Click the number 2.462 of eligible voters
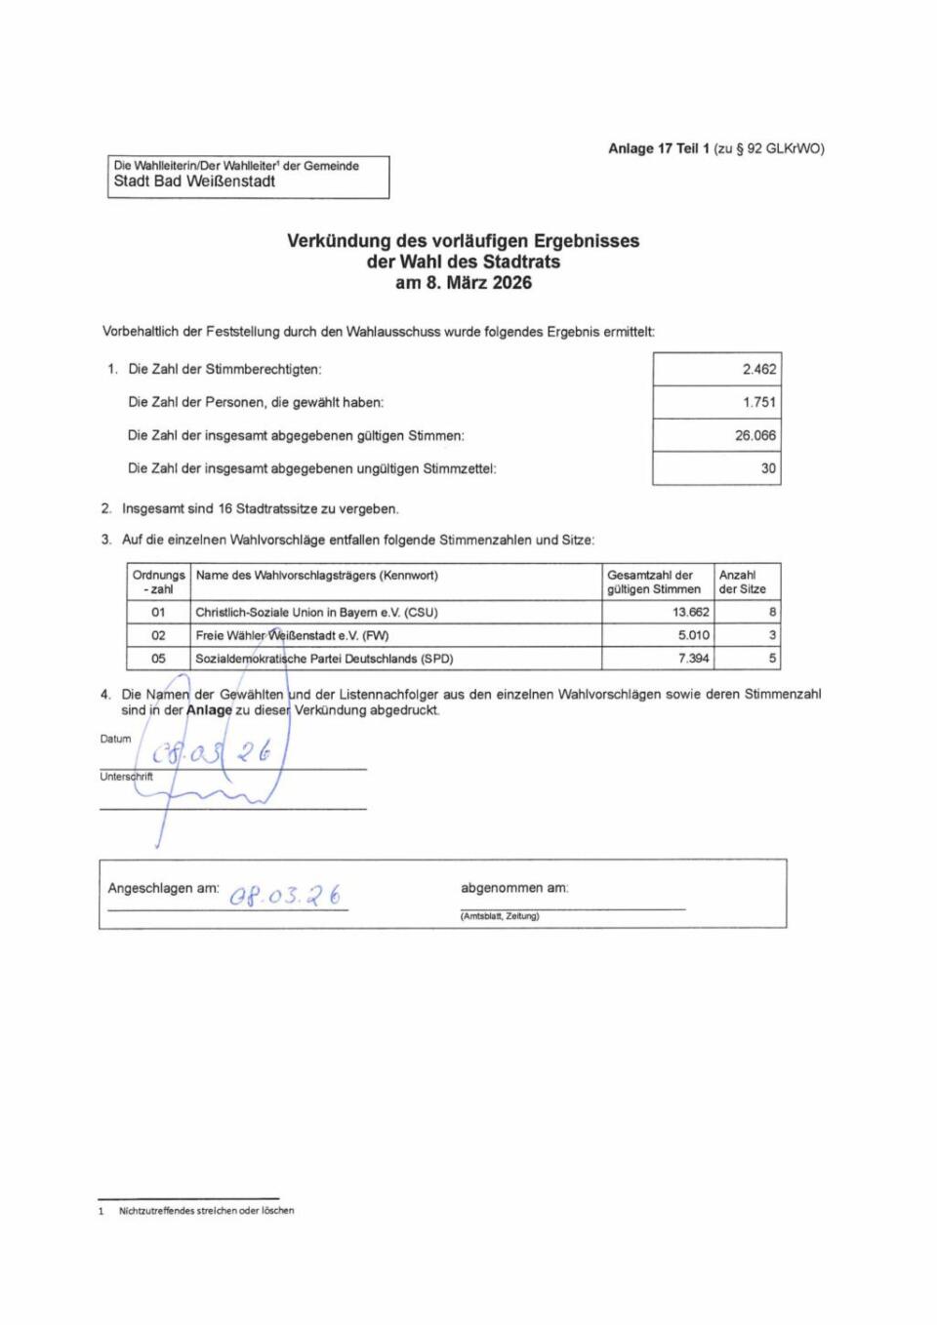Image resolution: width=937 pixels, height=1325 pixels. pos(758,370)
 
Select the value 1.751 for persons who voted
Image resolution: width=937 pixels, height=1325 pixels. pos(758,402)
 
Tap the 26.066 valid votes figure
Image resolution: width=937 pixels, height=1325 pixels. pos(755,435)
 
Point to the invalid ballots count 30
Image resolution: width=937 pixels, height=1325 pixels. pos(768,468)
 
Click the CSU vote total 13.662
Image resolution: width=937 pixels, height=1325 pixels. pos(691,613)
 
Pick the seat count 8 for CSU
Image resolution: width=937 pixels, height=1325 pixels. pos(772,613)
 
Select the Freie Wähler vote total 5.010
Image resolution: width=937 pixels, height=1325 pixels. pos(694,635)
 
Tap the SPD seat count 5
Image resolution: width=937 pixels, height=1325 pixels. pos(772,659)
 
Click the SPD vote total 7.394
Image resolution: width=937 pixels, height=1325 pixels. pos(694,659)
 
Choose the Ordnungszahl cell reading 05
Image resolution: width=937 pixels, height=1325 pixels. pos(158,659)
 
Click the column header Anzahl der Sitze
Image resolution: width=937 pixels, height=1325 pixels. pos(742,582)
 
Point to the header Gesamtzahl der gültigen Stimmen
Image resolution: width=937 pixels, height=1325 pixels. pos(654,582)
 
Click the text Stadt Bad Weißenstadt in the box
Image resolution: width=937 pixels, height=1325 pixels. pos(194,181)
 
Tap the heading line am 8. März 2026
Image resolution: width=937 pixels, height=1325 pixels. pos(463,283)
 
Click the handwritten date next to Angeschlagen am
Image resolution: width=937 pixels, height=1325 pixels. pos(285,895)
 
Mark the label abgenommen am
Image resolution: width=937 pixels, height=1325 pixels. pos(514,888)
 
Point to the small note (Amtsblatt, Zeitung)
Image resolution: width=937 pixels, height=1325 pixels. pos(500,916)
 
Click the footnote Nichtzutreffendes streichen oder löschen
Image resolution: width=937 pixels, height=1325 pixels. pos(206,1211)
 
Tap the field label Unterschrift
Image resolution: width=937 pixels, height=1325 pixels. pos(126,777)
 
